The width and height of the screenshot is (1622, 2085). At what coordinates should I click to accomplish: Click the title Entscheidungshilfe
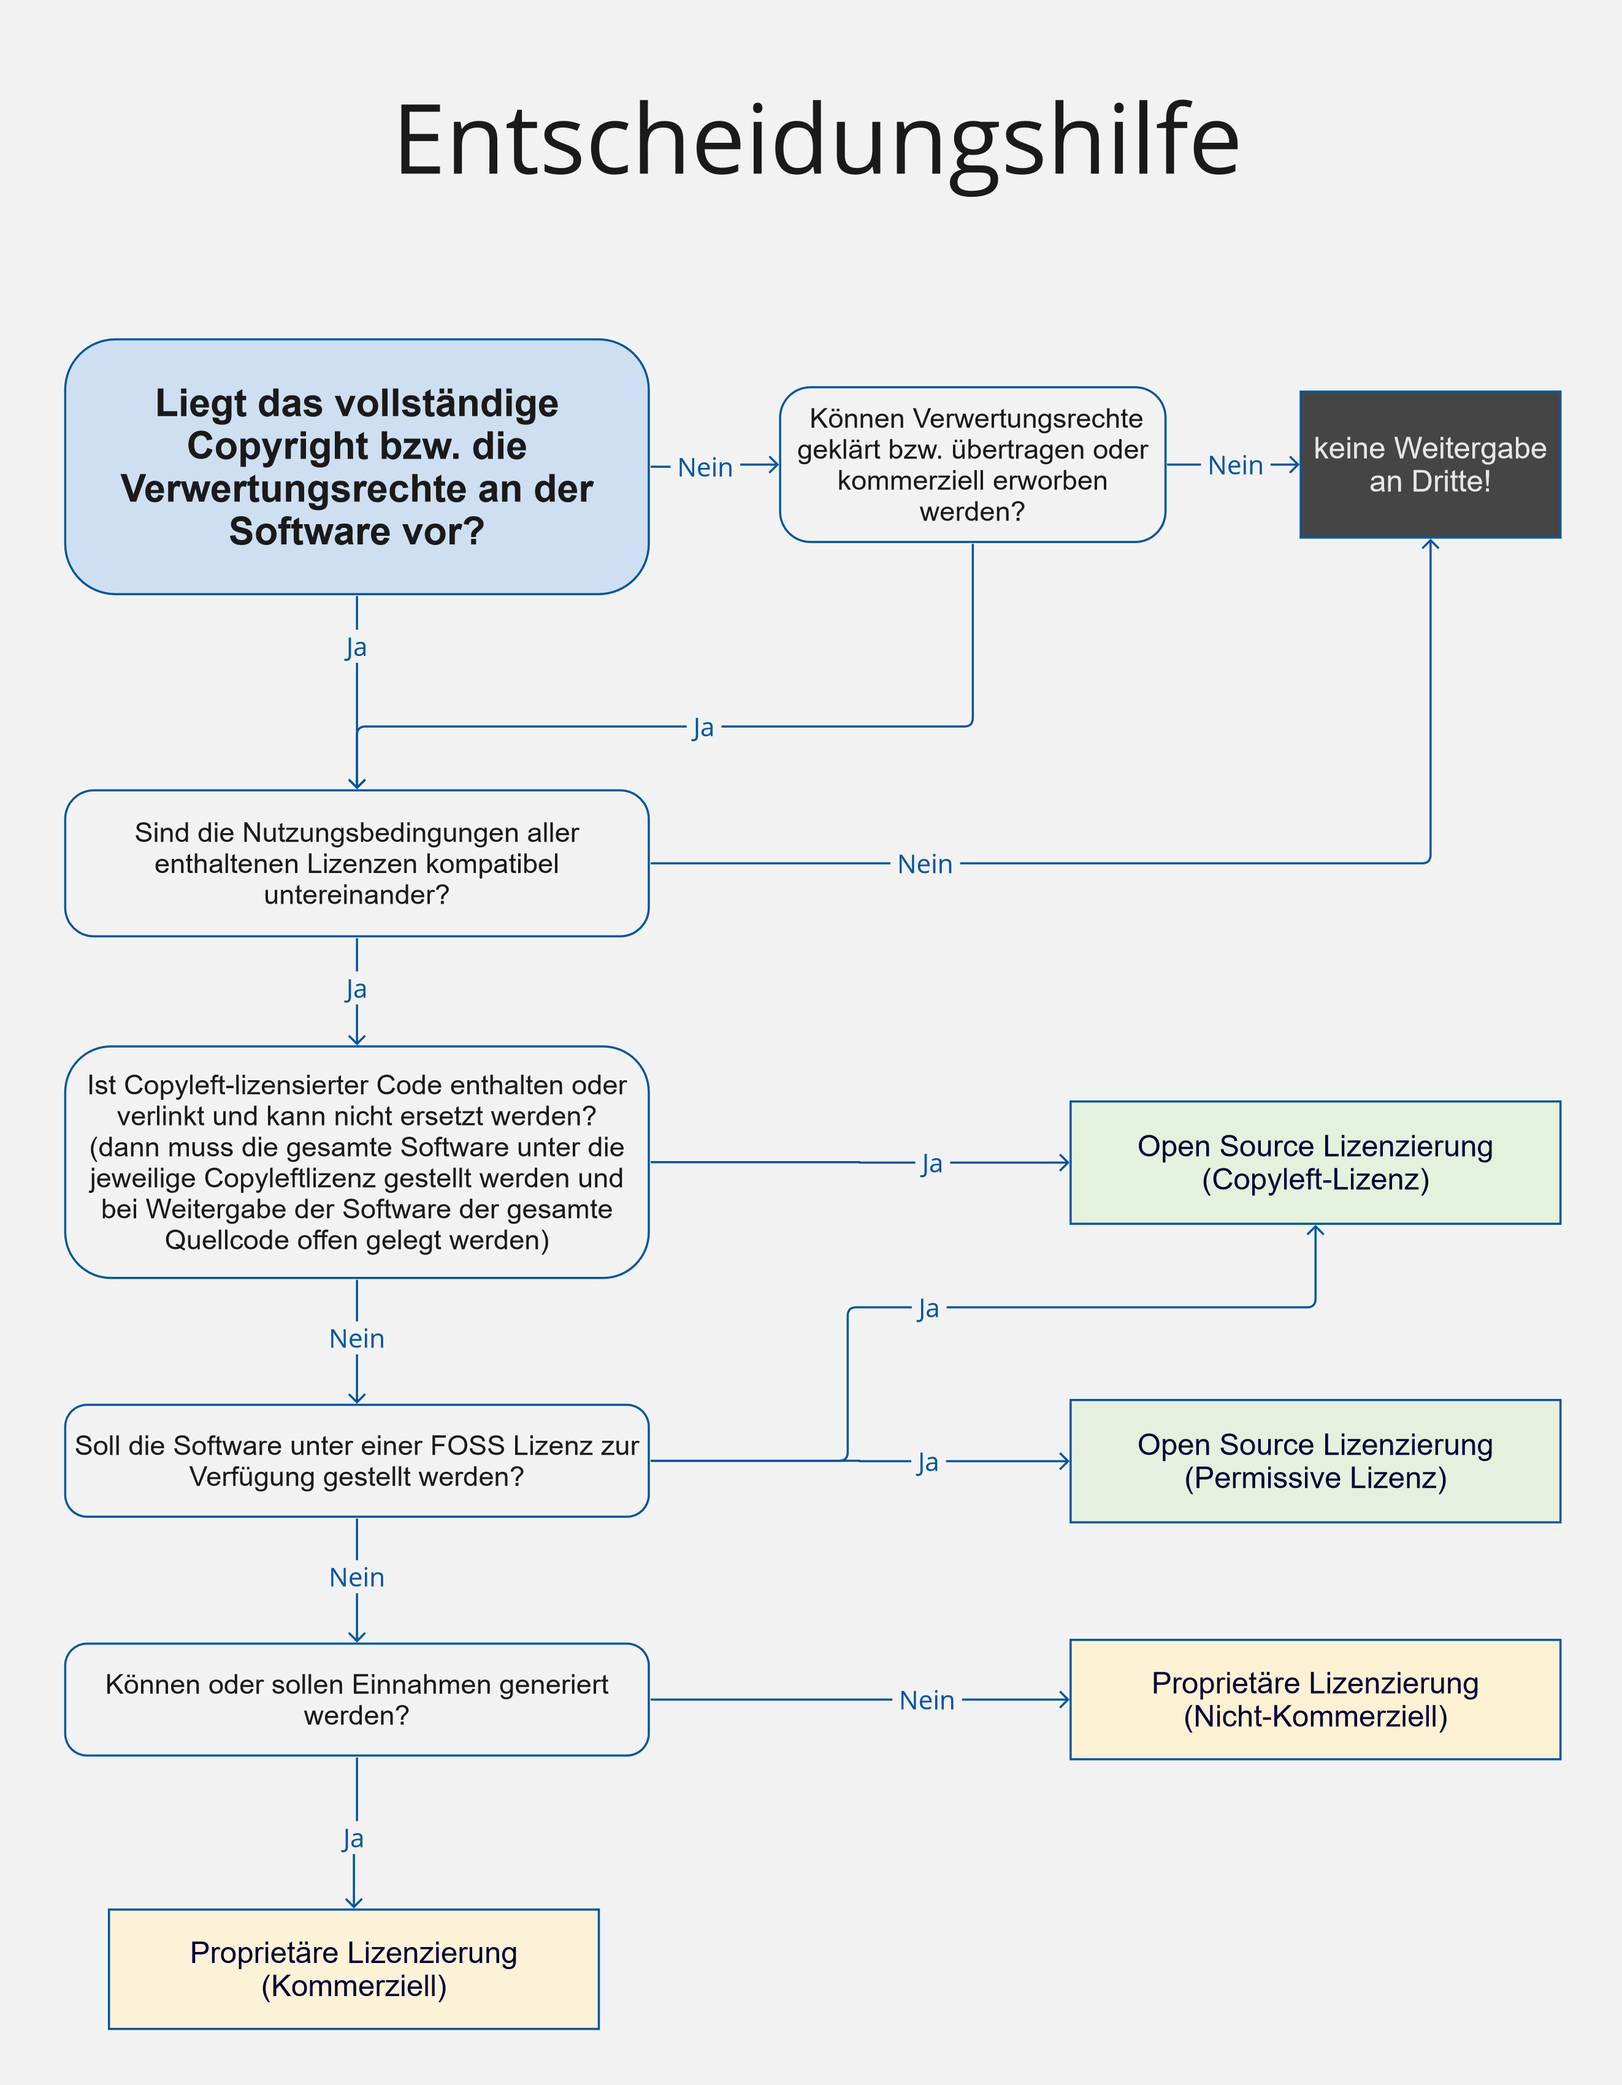(x=817, y=140)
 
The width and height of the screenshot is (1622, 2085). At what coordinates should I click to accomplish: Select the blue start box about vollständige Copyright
(x=357, y=467)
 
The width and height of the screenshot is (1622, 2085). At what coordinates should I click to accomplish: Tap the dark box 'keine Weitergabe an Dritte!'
(x=1430, y=464)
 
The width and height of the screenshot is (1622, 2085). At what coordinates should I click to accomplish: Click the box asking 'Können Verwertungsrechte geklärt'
(x=973, y=465)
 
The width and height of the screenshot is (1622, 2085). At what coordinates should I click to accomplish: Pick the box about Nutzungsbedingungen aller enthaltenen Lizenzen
(x=357, y=863)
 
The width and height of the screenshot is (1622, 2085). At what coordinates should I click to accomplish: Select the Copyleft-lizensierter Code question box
(x=357, y=1162)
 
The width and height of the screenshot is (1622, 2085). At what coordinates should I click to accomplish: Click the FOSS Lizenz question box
(x=357, y=1461)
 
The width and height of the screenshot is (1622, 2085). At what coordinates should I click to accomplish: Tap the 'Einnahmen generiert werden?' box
(x=357, y=1699)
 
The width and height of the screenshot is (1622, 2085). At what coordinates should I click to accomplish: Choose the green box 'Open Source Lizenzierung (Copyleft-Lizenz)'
(x=1315, y=1163)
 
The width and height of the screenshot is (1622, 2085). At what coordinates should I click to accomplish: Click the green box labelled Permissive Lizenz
(x=1315, y=1461)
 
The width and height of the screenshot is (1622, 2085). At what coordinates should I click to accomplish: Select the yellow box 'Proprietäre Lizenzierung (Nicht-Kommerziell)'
(x=1315, y=1699)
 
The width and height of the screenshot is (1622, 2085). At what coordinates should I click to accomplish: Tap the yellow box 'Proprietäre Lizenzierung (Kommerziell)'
(x=354, y=1969)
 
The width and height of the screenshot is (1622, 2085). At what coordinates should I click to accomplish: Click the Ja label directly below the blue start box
(x=356, y=647)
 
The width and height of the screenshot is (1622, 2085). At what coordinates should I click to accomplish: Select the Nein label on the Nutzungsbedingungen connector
(x=925, y=864)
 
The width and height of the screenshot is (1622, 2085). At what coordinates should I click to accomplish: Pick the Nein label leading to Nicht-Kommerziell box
(x=927, y=1700)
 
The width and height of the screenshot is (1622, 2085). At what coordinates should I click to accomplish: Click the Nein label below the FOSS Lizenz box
(x=357, y=1577)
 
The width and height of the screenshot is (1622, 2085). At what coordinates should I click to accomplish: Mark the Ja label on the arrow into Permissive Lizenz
(x=928, y=1462)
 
